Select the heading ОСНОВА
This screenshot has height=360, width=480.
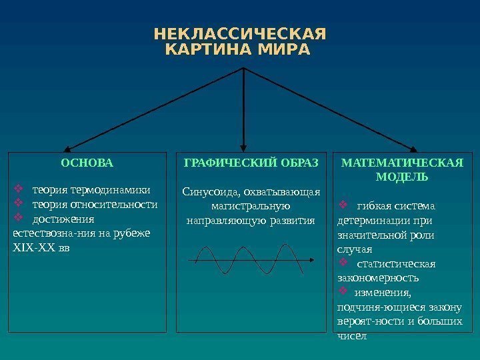click(x=87, y=163)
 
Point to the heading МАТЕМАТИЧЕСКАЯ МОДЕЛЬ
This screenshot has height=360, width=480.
click(x=402, y=170)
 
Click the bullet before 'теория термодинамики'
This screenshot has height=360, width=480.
click(x=19, y=187)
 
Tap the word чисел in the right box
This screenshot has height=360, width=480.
click(x=353, y=336)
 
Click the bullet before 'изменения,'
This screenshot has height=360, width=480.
click(x=345, y=292)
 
